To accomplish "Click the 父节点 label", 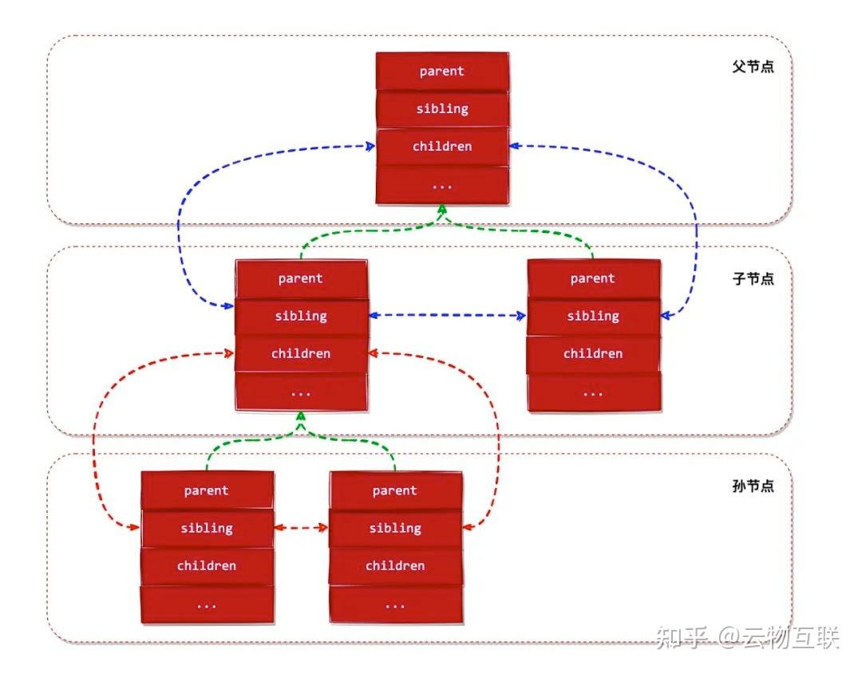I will pyautogui.click(x=753, y=67).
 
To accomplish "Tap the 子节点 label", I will pyautogui.click(x=753, y=279).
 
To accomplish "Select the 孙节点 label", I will pyautogui.click(x=753, y=486).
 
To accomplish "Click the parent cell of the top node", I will pyautogui.click(x=442, y=71).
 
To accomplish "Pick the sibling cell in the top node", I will pyautogui.click(x=442, y=108).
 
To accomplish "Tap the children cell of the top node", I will pyautogui.click(x=442, y=146).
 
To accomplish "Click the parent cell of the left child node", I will pyautogui.click(x=301, y=278).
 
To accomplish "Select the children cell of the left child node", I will pyautogui.click(x=301, y=353).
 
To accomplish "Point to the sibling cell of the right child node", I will pyautogui.click(x=593, y=316).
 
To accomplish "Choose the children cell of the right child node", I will pyautogui.click(x=593, y=353).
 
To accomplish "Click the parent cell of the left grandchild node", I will pyautogui.click(x=207, y=490).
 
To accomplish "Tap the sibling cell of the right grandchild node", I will pyautogui.click(x=395, y=528).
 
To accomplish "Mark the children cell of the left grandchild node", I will pyautogui.click(x=207, y=565).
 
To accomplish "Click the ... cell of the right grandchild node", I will pyautogui.click(x=395, y=604).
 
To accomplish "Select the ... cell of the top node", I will pyautogui.click(x=442, y=184).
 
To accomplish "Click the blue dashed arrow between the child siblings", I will pyautogui.click(x=448, y=316).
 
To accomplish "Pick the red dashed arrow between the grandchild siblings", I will pyautogui.click(x=301, y=528).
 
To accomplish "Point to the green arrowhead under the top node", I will pyautogui.click(x=441, y=211).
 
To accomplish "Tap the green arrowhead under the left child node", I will pyautogui.click(x=301, y=418).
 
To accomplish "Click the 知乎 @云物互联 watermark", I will pyautogui.click(x=747, y=638).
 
